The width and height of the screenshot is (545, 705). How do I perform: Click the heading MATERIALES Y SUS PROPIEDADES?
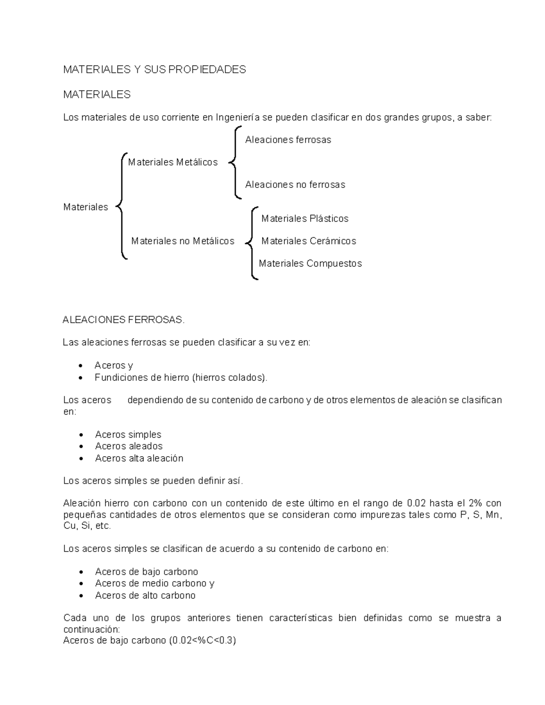pyautogui.click(x=154, y=69)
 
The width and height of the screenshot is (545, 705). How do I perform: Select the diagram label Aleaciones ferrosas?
pyautogui.click(x=288, y=140)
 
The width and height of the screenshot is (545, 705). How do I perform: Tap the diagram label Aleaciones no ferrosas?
pyautogui.click(x=295, y=185)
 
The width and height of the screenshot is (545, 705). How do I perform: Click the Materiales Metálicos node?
pyautogui.click(x=173, y=162)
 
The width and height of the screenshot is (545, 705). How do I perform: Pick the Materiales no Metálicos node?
pyautogui.click(x=183, y=241)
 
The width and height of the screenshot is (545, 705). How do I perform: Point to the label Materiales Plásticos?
pyautogui.click(x=305, y=219)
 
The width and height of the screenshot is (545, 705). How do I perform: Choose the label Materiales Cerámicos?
pyautogui.click(x=308, y=241)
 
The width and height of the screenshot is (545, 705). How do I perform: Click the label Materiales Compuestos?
pyautogui.click(x=310, y=263)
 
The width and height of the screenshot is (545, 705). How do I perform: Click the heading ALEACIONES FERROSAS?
pyautogui.click(x=124, y=320)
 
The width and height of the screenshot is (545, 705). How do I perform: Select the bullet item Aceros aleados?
pyautogui.click(x=129, y=446)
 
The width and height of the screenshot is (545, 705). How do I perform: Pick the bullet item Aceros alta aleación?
pyautogui.click(x=139, y=458)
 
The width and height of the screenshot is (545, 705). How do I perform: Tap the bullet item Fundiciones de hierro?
pyautogui.click(x=181, y=378)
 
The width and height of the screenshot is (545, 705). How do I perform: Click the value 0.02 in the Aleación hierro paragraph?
pyautogui.click(x=416, y=503)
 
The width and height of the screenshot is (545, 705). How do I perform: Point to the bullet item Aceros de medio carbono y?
pyautogui.click(x=154, y=583)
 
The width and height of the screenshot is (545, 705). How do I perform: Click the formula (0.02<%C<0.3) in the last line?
pyautogui.click(x=203, y=641)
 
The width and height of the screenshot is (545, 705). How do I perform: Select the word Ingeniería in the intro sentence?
pyautogui.click(x=238, y=118)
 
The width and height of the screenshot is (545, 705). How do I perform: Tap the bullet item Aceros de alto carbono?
pyautogui.click(x=145, y=596)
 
